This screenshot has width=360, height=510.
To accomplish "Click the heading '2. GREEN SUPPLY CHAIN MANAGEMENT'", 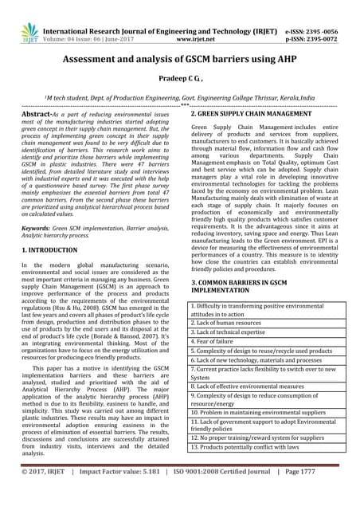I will point(251,115).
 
